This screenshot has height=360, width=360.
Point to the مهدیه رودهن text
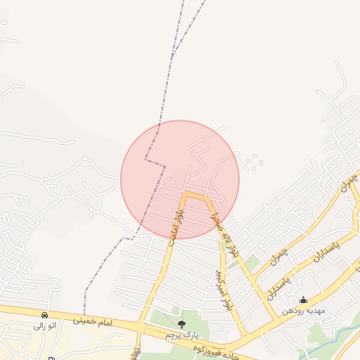(x=302, y=311)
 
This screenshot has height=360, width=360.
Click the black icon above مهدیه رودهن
(x=302, y=300)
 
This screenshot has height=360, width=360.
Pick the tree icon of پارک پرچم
(x=181, y=324)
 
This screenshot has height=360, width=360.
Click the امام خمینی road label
(x=92, y=321)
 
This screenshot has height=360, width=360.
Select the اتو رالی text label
(x=44, y=326)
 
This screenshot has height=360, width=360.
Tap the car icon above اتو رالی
(x=45, y=316)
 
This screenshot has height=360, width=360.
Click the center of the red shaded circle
(x=180, y=179)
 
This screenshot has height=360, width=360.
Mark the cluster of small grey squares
(x=253, y=162)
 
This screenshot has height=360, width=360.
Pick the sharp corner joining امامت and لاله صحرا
(x=186, y=193)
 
